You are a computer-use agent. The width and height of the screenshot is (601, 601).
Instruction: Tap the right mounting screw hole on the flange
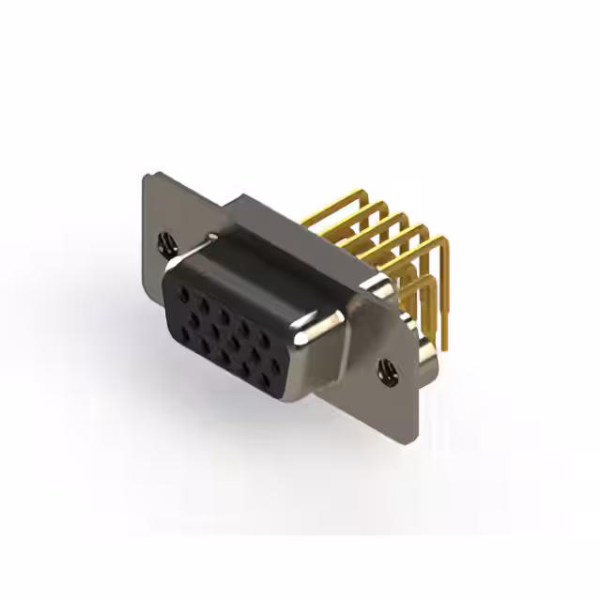[385, 371]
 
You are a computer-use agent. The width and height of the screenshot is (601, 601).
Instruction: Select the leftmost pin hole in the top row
[184, 294]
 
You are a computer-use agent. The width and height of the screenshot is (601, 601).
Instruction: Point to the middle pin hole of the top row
[224, 316]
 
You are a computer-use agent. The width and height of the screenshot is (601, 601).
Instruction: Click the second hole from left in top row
[205, 306]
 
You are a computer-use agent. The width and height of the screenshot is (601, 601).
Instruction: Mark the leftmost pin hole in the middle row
[194, 319]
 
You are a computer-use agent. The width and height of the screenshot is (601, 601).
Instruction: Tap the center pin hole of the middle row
[235, 342]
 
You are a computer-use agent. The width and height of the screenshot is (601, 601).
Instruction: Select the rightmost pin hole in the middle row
[275, 366]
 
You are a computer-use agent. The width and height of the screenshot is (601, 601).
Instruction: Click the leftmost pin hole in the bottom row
[185, 334]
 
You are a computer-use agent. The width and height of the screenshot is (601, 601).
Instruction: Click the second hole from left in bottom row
[205, 346]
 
